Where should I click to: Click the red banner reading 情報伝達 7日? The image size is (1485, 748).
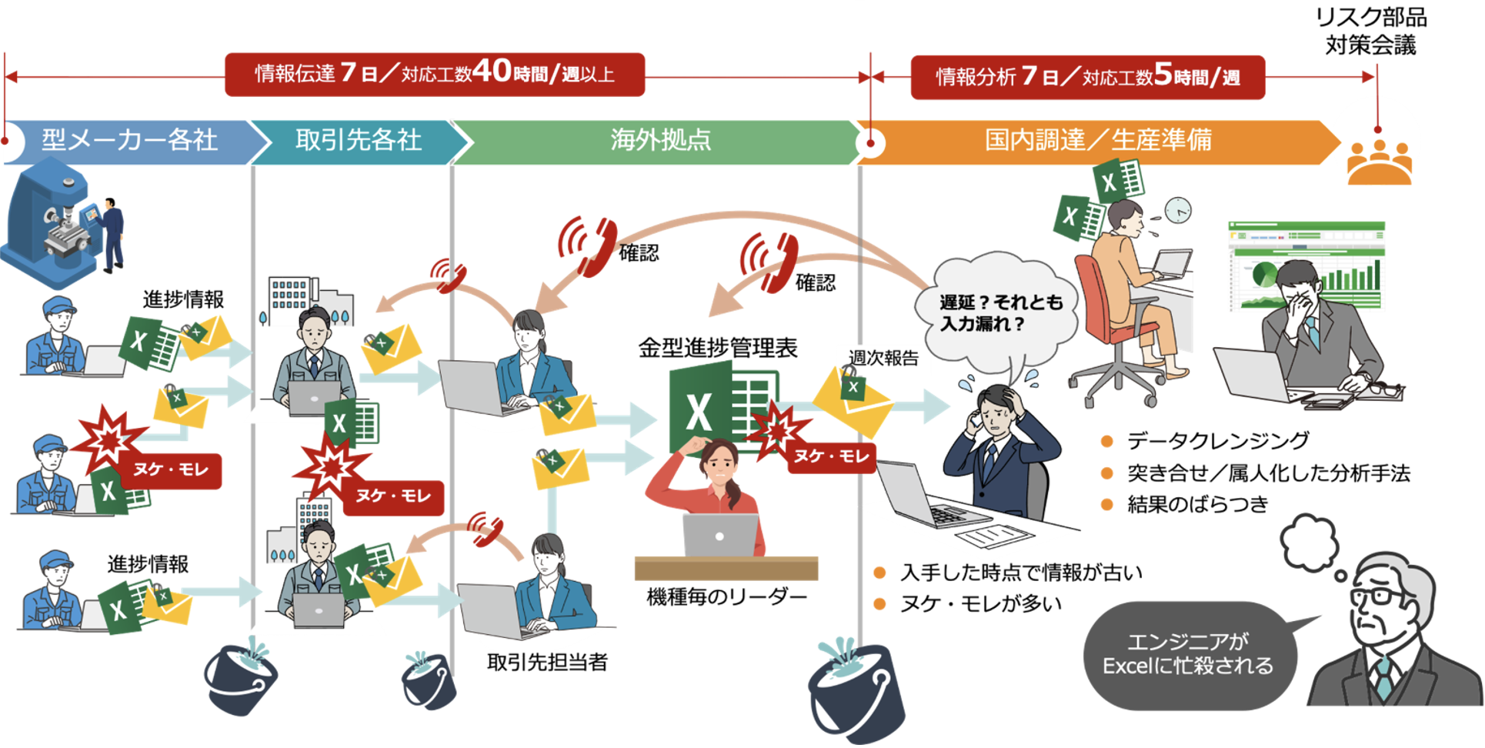coord(434,75)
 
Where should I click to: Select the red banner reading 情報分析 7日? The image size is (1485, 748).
coord(1087,77)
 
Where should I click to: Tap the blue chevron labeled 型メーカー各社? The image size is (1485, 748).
coord(129,141)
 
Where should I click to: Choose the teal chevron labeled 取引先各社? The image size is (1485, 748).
coord(359,141)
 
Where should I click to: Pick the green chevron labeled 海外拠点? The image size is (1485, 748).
coord(660,141)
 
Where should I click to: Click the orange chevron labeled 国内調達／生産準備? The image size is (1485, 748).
coord(1098,141)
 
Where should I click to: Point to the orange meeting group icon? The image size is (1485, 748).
coord(1379,163)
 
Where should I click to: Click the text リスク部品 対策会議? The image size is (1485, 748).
coord(1370,31)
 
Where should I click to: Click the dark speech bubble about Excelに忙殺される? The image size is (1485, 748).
coord(1188,655)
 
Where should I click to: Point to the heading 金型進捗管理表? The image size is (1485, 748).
coord(717,348)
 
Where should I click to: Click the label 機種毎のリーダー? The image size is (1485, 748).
coord(726,596)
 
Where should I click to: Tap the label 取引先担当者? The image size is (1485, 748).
coord(547,662)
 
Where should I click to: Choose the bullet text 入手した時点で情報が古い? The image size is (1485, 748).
coord(1020,573)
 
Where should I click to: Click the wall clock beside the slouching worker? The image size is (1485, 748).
coord(1177,209)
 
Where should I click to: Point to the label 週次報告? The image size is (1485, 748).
coord(883,358)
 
